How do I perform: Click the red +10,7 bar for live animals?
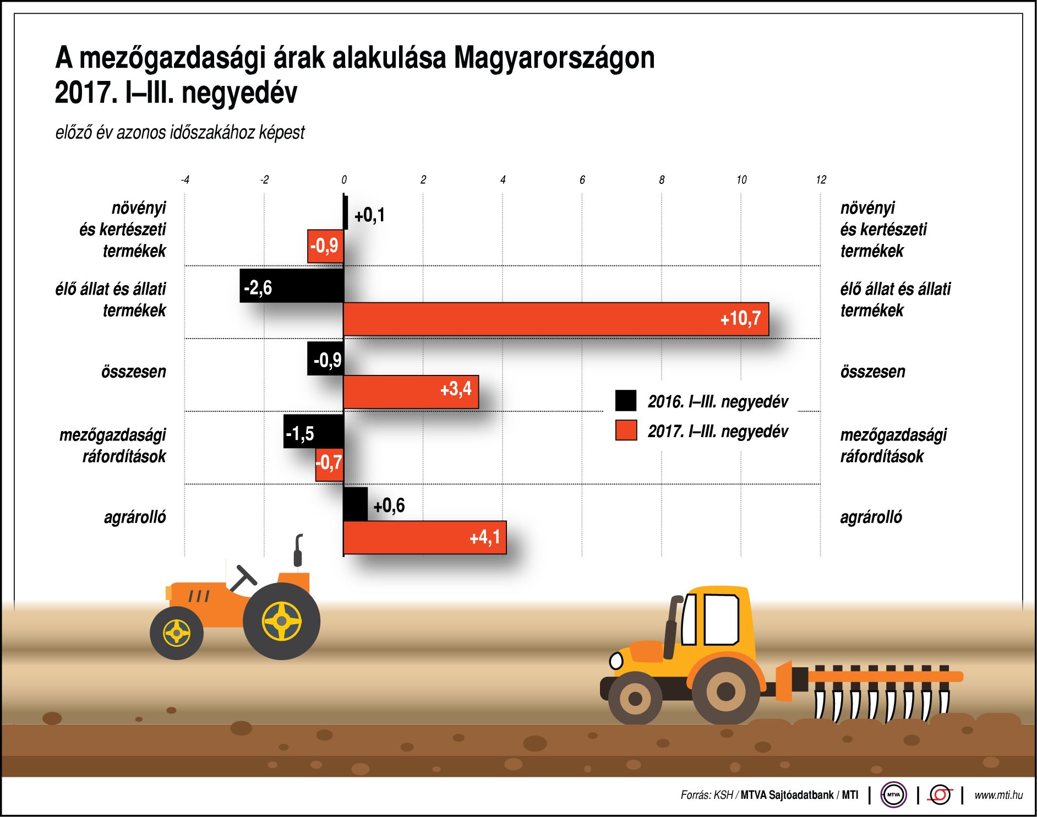556,319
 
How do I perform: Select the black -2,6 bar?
292,286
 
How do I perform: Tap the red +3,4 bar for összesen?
411,392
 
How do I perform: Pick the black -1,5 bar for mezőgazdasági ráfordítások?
313,431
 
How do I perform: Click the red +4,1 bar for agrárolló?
424,537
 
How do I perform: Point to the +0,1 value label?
369,215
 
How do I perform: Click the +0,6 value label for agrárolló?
389,505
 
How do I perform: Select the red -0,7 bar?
329,465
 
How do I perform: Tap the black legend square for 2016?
626,401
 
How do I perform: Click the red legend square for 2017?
626,431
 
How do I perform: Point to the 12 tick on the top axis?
821,180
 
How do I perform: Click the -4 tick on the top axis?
185,180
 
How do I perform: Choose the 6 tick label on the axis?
582,180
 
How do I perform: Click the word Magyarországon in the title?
554,58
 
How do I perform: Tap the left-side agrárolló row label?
135,517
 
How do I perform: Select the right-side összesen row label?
872,372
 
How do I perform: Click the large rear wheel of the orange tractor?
281,621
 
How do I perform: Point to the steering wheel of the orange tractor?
242,579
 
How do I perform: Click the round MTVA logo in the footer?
893,794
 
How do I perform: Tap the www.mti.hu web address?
998,795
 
